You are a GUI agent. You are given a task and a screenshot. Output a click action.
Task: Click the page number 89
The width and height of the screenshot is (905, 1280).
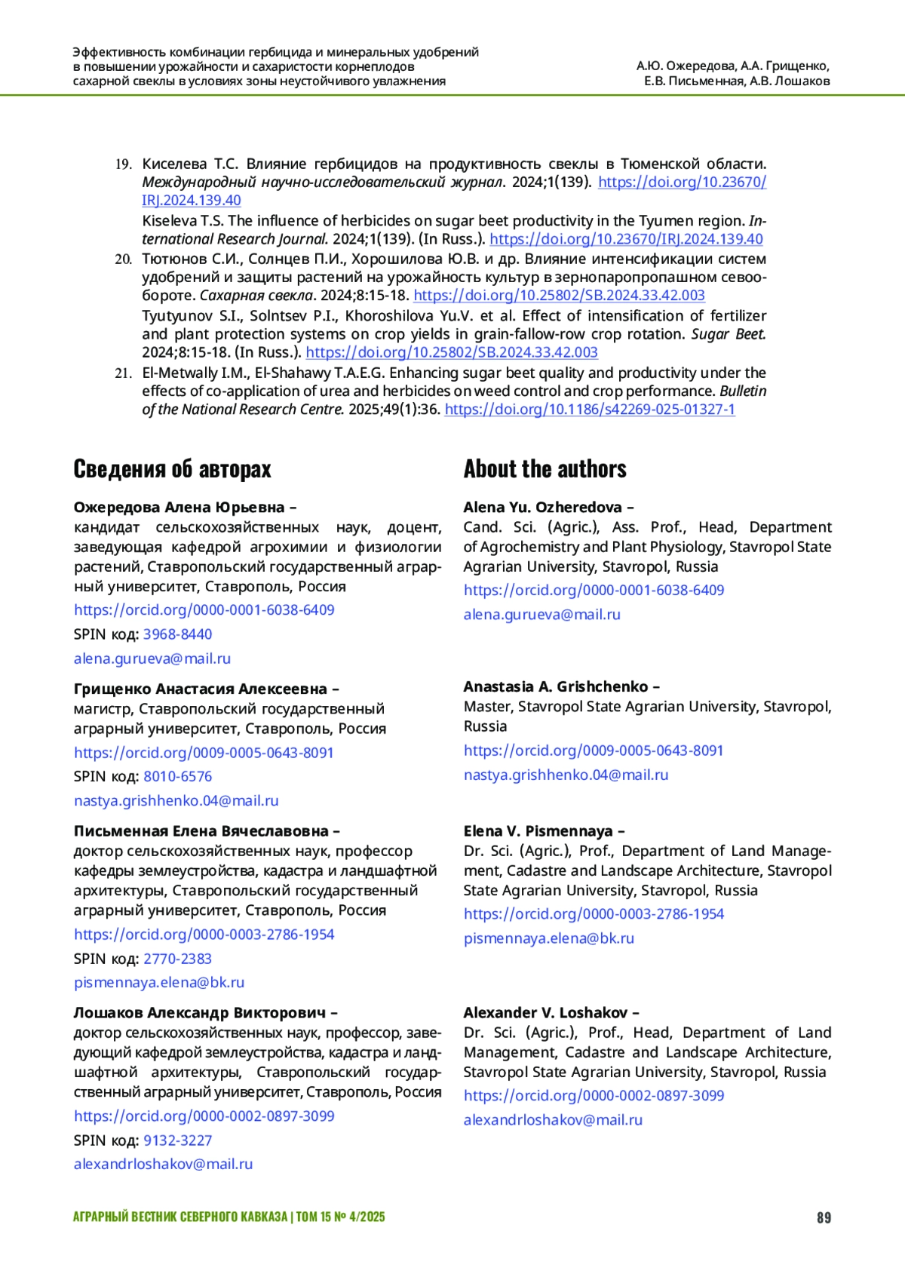[824, 1217]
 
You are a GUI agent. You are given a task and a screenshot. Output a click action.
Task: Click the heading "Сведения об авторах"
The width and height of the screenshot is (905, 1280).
[172, 469]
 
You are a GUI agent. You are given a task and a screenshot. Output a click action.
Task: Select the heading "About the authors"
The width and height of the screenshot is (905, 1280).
[545, 469]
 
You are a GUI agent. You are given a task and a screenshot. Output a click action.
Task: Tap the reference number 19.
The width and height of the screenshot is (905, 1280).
[124, 164]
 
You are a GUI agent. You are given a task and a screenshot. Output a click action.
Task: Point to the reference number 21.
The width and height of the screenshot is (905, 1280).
[124, 373]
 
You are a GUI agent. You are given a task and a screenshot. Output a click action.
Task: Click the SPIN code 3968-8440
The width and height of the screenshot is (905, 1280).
[178, 634]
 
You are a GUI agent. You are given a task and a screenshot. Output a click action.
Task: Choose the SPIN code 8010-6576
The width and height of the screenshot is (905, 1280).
[178, 776]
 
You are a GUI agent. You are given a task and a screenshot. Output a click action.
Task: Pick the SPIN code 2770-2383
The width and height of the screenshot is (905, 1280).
[178, 959]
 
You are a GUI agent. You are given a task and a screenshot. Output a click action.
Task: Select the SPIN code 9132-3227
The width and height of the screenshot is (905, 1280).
[178, 1140]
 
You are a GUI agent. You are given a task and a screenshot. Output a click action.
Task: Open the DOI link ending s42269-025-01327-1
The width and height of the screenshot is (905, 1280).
[590, 410]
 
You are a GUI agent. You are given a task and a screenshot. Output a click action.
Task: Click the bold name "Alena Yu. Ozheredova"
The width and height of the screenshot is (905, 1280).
[543, 508]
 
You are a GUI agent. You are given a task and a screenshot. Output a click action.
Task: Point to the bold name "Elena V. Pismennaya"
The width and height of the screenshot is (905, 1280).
[538, 831]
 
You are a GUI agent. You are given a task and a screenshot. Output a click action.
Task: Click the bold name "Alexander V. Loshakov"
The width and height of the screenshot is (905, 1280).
[546, 1013]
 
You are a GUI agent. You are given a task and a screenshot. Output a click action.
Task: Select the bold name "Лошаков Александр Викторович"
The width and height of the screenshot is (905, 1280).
[200, 1013]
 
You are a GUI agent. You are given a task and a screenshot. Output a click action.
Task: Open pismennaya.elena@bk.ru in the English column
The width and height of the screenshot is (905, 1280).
[549, 938]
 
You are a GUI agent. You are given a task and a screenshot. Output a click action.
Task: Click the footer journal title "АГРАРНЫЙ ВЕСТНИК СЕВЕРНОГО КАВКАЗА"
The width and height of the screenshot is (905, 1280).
[180, 1217]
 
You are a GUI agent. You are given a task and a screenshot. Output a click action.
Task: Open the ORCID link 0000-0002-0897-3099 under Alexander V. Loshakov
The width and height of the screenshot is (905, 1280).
[594, 1096]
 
